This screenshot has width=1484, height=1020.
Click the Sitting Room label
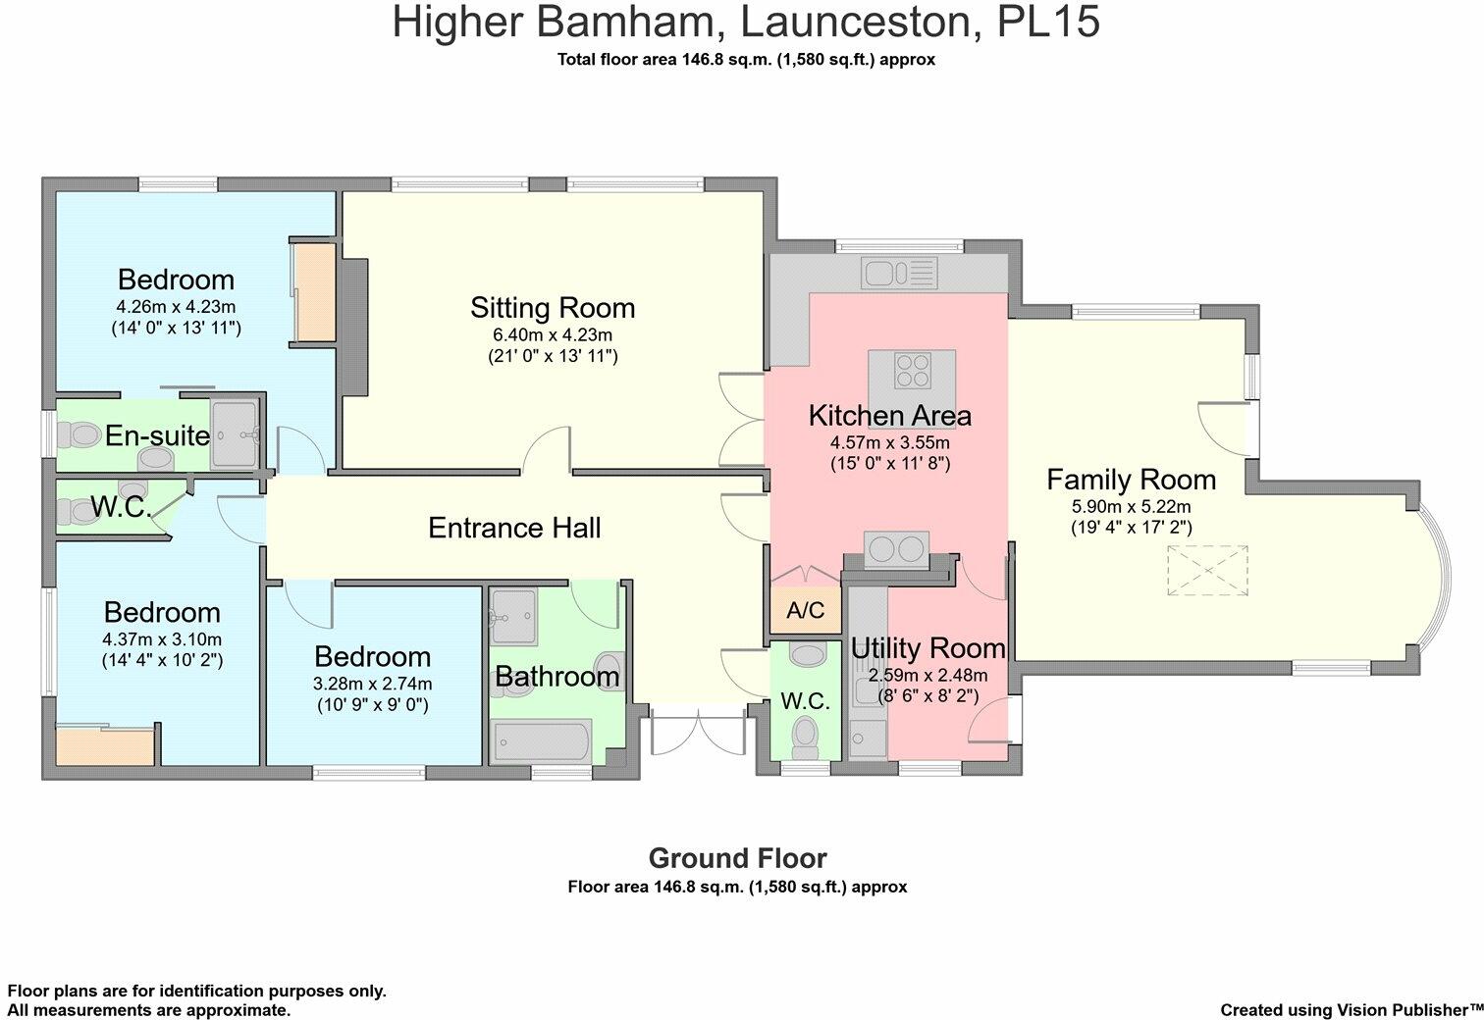pyautogui.click(x=553, y=308)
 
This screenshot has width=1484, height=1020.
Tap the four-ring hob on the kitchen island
pyautogui.click(x=912, y=370)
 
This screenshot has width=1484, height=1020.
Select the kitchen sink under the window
pyautogui.click(x=899, y=274)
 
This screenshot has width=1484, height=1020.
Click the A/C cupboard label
pyautogui.click(x=806, y=610)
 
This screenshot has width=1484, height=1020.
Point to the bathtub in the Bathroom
pyautogui.click(x=541, y=740)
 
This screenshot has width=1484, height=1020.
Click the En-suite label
pyautogui.click(x=158, y=435)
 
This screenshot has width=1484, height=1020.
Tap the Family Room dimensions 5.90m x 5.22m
pyautogui.click(x=1131, y=507)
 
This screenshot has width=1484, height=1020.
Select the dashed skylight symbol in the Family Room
pyautogui.click(x=1207, y=570)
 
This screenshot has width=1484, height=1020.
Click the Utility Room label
pyautogui.click(x=928, y=648)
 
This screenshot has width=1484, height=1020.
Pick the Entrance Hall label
pyautogui.click(x=514, y=528)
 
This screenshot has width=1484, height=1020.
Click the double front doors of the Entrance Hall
pyautogui.click(x=698, y=732)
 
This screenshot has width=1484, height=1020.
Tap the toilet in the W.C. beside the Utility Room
pyautogui.click(x=806, y=738)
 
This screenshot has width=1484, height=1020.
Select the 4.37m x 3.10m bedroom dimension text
pyautogui.click(x=162, y=639)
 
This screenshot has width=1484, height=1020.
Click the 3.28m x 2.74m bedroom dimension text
pyautogui.click(x=372, y=684)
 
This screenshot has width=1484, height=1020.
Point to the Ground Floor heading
pyautogui.click(x=737, y=858)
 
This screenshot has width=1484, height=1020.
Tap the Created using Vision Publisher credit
pyautogui.click(x=1351, y=1010)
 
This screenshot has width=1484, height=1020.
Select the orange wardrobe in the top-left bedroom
pyautogui.click(x=315, y=292)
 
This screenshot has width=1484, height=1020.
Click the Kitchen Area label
pyautogui.click(x=890, y=416)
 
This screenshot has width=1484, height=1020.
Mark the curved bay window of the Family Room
pyautogui.click(x=1435, y=575)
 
